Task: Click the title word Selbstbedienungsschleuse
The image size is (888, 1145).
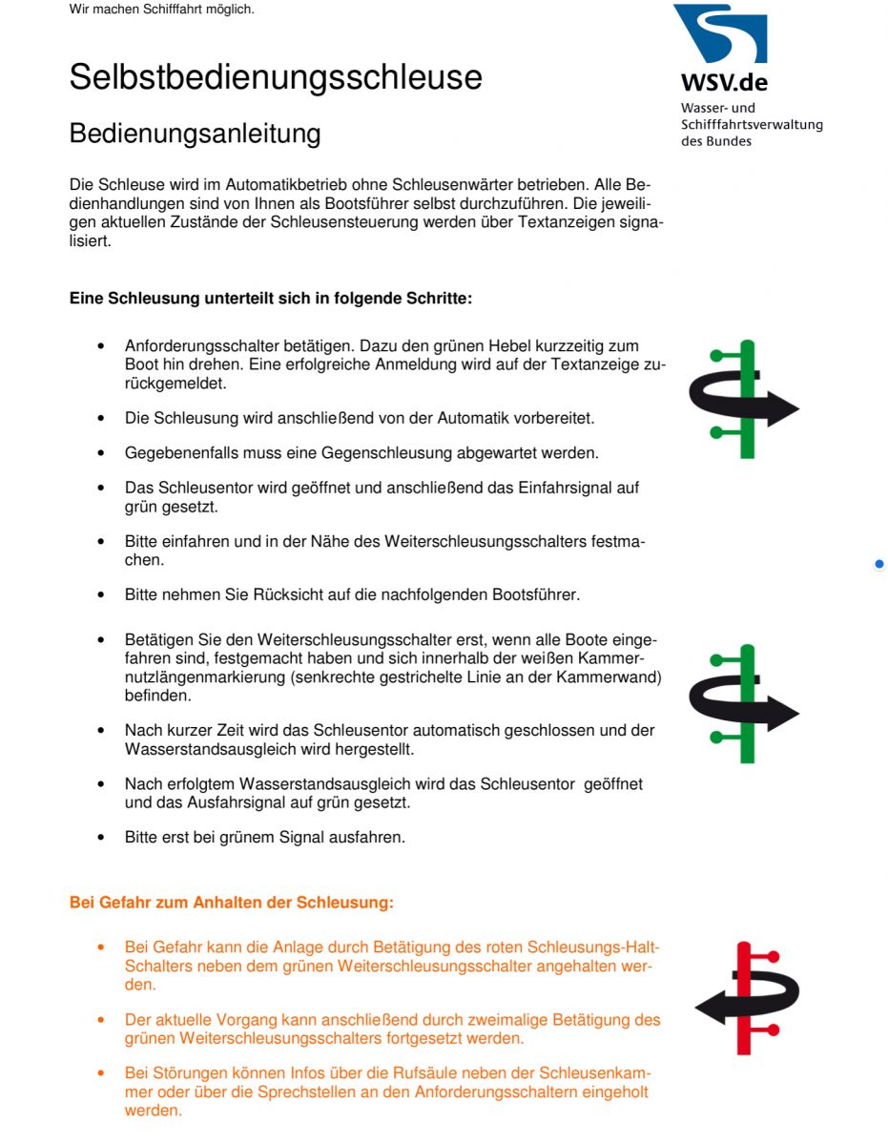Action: pyautogui.click(x=276, y=77)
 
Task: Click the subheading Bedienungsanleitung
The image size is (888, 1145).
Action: pyautogui.click(x=195, y=134)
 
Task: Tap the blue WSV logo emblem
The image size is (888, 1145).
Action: pyautogui.click(x=720, y=34)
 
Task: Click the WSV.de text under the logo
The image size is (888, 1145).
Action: pyautogui.click(x=724, y=82)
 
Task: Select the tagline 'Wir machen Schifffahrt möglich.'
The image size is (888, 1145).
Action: pyautogui.click(x=161, y=10)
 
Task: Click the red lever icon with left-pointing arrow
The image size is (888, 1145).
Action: pyautogui.click(x=746, y=997)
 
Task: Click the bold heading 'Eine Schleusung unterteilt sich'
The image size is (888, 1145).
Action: pyautogui.click(x=271, y=299)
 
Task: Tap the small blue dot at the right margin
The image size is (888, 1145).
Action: pyautogui.click(x=878, y=564)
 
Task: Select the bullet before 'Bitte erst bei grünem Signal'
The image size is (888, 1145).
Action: pyautogui.click(x=101, y=839)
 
